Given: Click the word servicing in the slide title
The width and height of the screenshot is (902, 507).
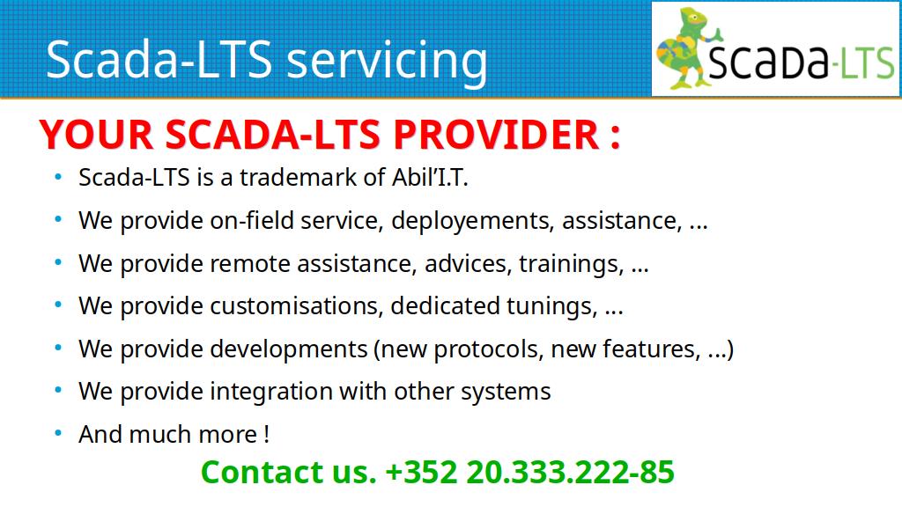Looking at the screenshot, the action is point(387,62).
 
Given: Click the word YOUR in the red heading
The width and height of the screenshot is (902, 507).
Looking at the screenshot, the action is point(96,135).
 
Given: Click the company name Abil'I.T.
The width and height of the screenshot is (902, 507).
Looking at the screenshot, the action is point(430,177).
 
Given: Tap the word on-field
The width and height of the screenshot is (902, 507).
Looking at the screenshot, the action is point(252,221).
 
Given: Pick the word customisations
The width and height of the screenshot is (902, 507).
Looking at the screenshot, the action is point(296,306).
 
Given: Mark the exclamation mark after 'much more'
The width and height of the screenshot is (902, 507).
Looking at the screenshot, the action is point(266,435).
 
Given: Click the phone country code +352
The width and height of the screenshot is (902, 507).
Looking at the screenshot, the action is point(421,473).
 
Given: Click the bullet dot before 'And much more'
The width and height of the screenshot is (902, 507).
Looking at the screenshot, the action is point(58,433).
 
